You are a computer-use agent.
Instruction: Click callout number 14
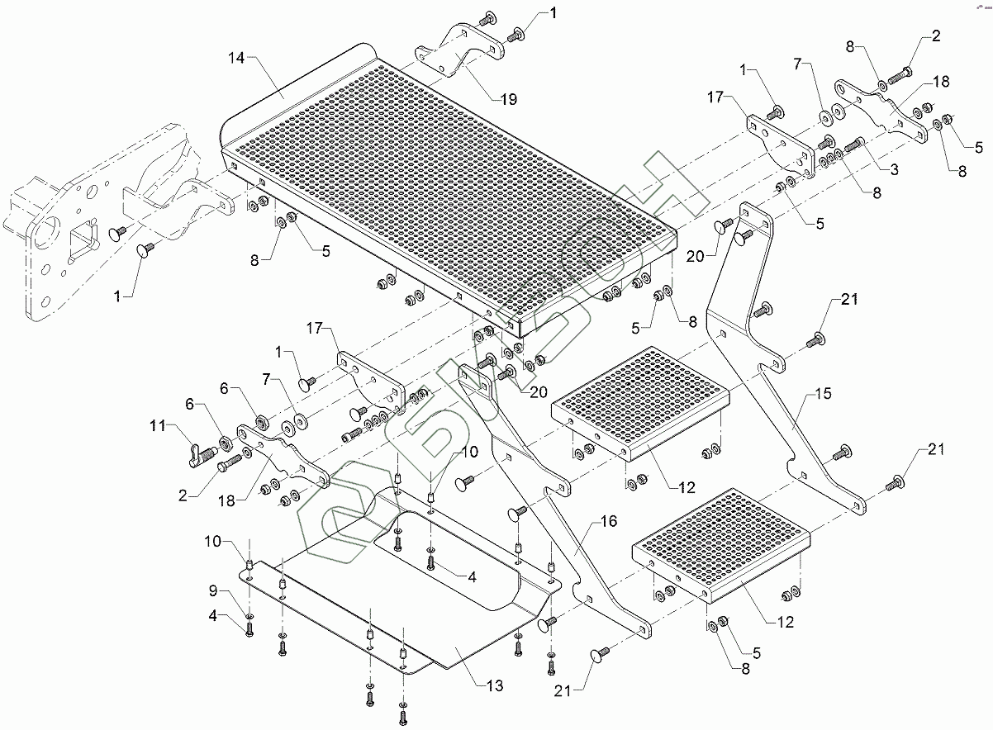(x=236, y=58)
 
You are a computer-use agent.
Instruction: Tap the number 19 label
(x=508, y=99)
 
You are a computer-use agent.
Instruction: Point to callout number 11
(x=158, y=426)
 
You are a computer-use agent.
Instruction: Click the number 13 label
(x=494, y=686)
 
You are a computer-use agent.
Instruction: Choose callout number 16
(x=609, y=521)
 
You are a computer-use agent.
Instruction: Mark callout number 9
(x=212, y=590)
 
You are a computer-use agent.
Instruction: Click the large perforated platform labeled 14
(x=446, y=190)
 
